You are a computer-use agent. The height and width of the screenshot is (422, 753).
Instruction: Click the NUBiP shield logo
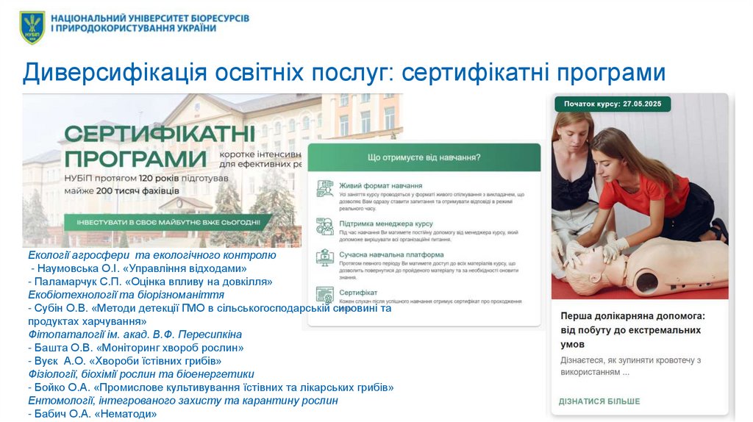point(32,27)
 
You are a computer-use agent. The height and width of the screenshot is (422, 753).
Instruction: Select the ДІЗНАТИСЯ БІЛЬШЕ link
point(599,401)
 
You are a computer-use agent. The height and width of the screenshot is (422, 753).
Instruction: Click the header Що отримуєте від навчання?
point(424,157)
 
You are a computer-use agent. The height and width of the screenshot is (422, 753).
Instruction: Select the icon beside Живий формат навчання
point(325,188)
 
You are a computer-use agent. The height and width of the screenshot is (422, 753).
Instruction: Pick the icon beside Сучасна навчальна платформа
point(325,257)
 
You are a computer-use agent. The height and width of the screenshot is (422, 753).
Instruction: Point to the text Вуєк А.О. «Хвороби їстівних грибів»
point(124,361)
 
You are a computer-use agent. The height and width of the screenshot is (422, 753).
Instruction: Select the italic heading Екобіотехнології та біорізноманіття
point(126,294)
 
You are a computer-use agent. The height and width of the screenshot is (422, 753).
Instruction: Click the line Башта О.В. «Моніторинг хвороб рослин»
point(135,348)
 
